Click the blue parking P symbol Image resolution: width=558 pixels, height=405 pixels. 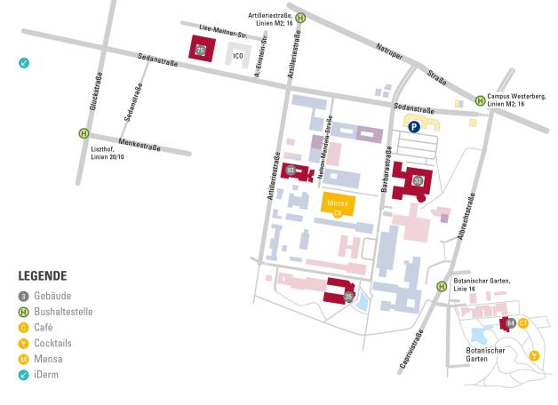(414, 127)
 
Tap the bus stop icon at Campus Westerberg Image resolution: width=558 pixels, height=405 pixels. (481, 100)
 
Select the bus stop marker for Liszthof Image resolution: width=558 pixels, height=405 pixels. (84, 133)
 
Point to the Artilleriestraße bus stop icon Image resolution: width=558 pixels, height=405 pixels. (300, 17)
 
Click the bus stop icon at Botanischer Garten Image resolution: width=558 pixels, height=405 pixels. (442, 286)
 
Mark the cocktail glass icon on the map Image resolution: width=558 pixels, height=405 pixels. (534, 355)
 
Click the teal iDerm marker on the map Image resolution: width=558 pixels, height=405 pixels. (24, 63)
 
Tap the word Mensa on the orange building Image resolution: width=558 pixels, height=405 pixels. (337, 202)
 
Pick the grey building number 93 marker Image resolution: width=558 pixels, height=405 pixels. (290, 169)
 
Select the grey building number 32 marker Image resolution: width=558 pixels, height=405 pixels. (417, 180)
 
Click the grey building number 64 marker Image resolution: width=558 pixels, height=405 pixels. (510, 323)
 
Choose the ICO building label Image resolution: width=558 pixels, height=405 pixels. (237, 56)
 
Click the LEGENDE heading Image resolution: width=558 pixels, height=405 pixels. (42, 276)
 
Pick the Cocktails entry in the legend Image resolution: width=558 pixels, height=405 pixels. (52, 343)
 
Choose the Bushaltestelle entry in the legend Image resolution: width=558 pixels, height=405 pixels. (63, 312)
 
